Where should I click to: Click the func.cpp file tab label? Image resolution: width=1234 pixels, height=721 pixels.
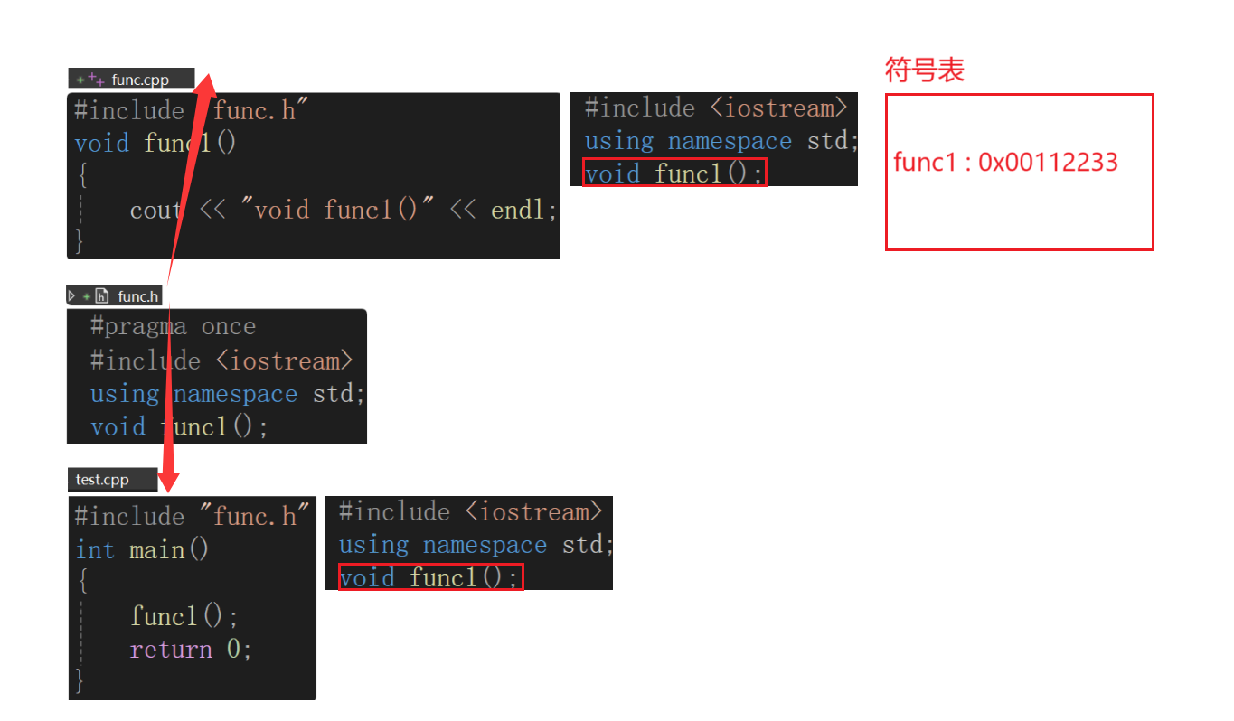tap(140, 80)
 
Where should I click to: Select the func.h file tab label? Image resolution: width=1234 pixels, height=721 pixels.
tap(137, 295)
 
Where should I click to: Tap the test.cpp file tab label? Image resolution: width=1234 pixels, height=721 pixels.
tap(102, 480)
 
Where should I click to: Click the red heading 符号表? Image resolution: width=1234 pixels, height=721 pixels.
tap(924, 70)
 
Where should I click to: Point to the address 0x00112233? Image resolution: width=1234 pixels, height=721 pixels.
tap(1048, 162)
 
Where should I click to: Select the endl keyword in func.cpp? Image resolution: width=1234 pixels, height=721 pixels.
tap(523, 211)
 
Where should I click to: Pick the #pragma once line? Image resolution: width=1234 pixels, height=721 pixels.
tap(173, 326)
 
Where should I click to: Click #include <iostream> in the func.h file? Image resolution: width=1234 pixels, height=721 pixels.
tap(221, 360)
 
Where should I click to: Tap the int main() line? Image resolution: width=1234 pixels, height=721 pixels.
tap(142, 550)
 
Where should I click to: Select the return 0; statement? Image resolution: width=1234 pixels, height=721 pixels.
tap(190, 650)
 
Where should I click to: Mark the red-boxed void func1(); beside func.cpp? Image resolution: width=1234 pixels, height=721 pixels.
tap(674, 173)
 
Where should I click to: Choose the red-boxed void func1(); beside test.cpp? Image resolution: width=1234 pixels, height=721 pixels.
tap(429, 577)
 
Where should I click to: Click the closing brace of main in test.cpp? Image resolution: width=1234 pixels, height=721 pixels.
tap(80, 680)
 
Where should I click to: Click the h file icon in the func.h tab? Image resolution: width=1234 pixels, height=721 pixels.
tap(102, 295)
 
